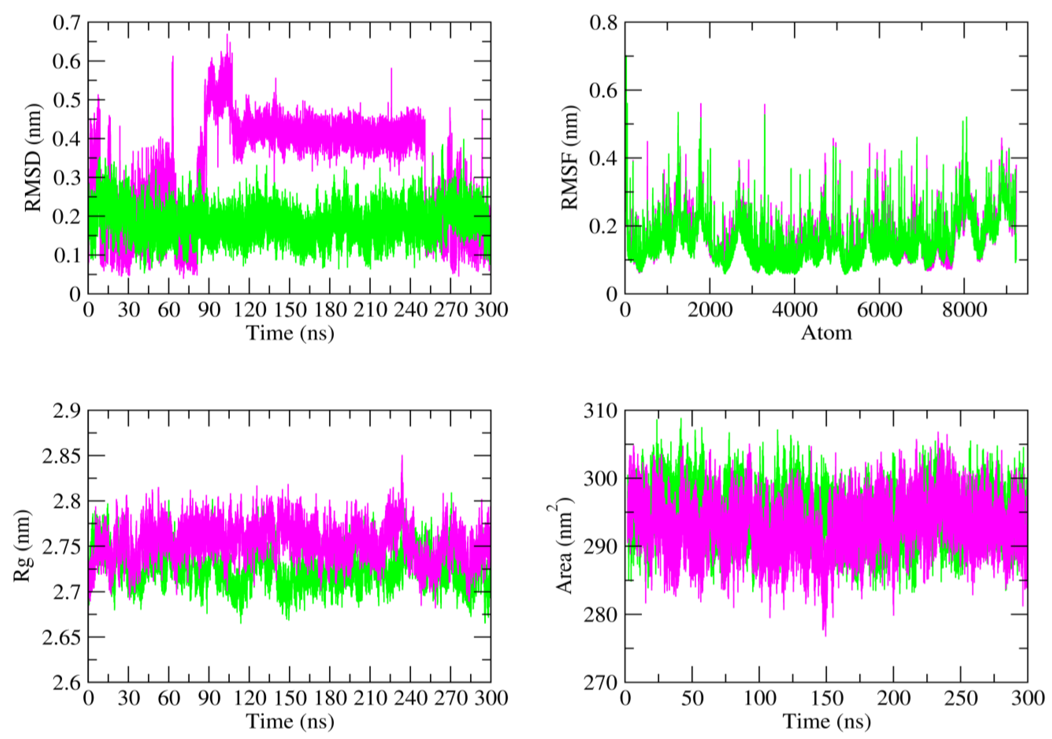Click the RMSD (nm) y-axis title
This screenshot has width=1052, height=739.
(33, 158)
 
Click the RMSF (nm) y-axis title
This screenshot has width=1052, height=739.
(570, 158)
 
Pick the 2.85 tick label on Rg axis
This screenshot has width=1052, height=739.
(61, 456)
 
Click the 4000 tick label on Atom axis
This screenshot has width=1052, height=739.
(794, 310)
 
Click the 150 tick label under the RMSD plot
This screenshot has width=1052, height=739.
(290, 310)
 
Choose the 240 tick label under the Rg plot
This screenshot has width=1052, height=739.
(410, 699)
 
